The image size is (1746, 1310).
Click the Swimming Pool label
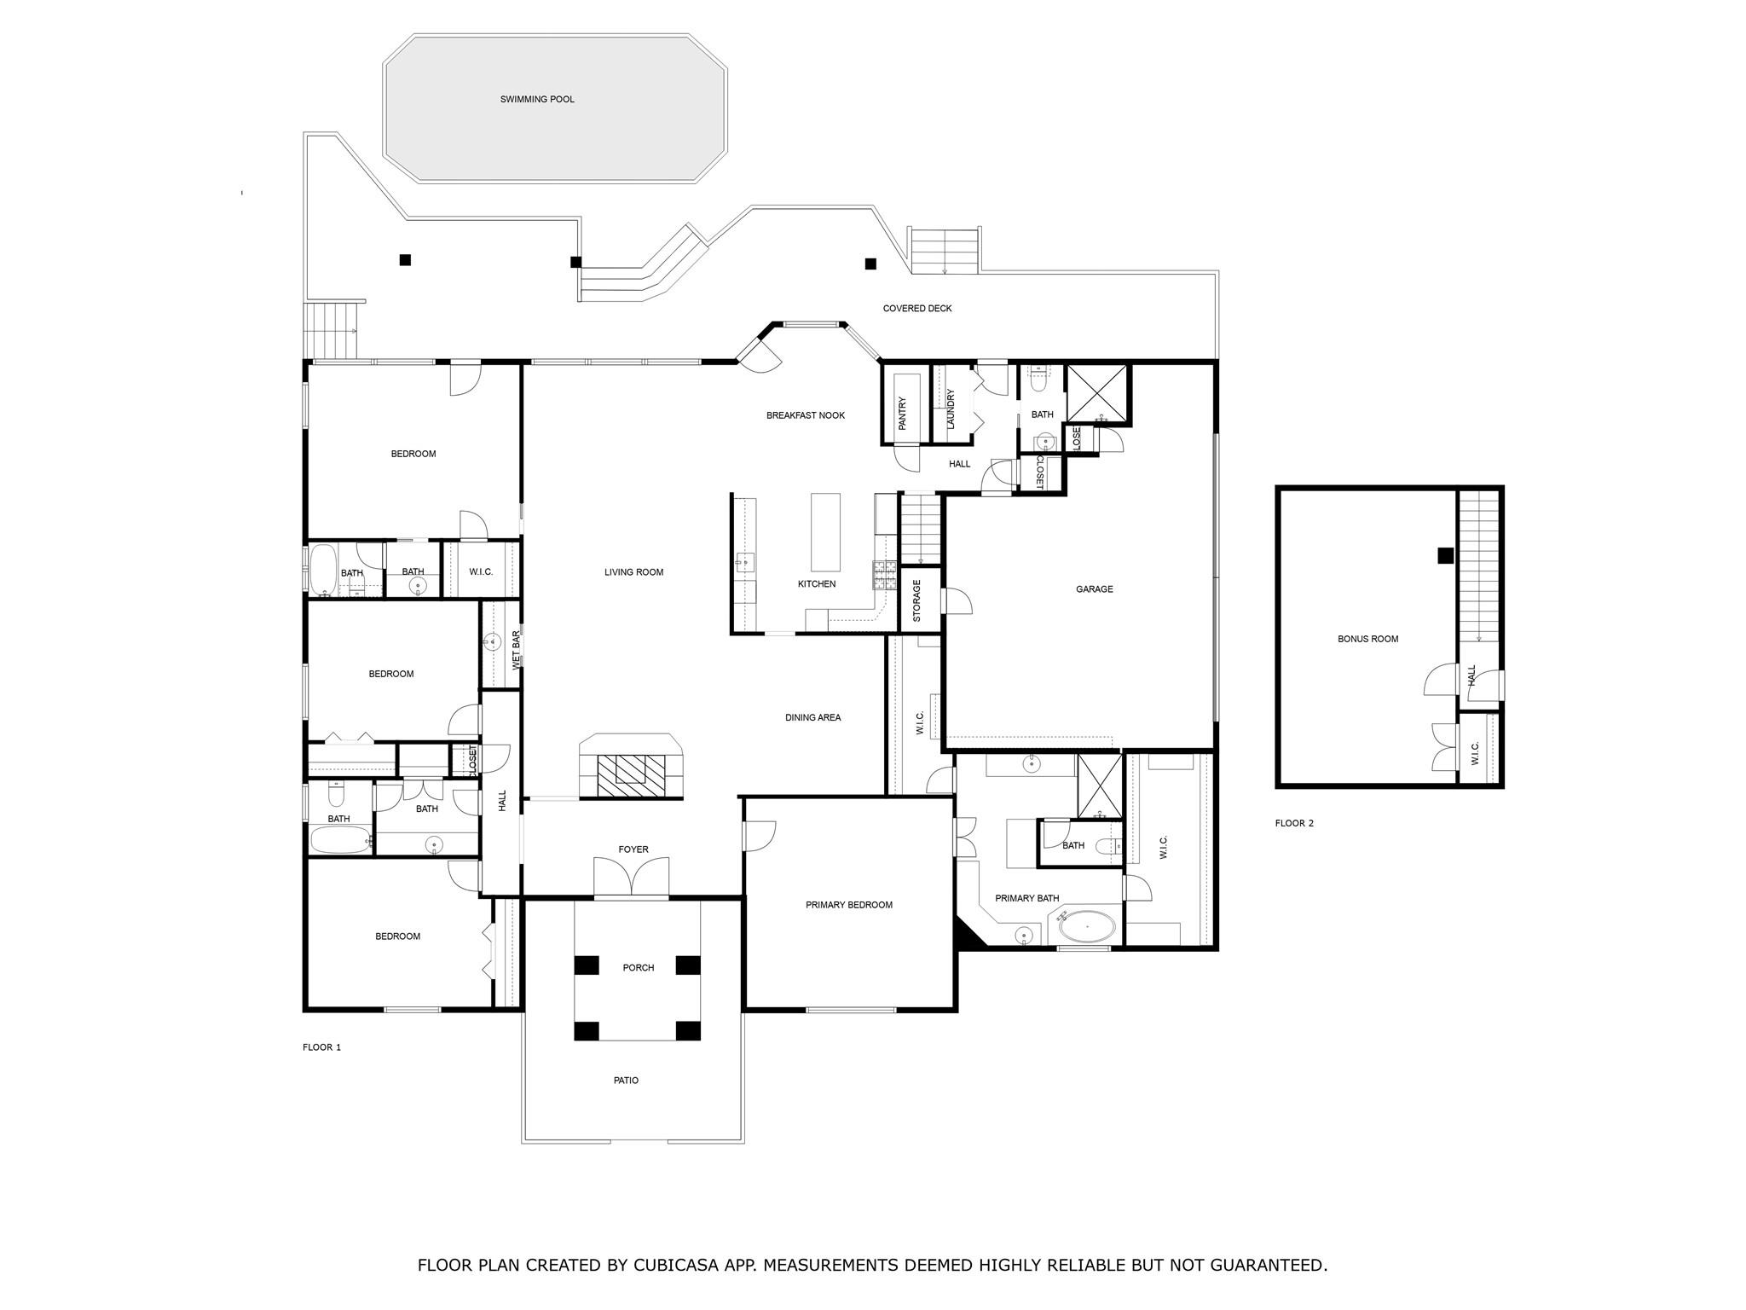537,100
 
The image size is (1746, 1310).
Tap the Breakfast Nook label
805,415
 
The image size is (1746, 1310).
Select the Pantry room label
902,414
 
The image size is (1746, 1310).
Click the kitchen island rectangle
824,532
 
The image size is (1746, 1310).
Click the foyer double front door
631,878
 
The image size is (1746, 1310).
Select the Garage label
1094,589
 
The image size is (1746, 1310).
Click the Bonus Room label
1367,639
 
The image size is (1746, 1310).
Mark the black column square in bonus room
1445,555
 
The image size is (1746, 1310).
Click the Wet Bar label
516,650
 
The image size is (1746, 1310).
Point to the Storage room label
917,600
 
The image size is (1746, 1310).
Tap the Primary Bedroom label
848,905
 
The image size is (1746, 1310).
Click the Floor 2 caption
1294,823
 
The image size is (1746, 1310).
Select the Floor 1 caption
321,1047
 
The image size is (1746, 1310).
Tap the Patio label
626,1081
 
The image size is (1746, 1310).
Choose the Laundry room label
951,409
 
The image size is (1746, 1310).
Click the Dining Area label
812,717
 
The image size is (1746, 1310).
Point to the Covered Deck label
916,309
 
